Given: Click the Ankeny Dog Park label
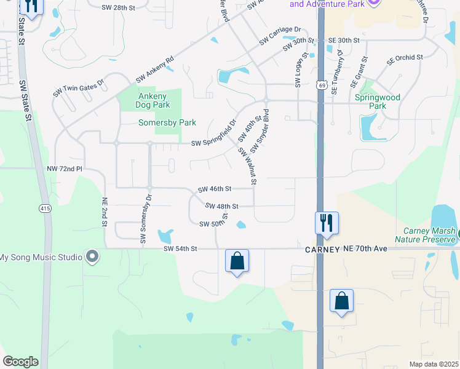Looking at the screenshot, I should pos(153,100).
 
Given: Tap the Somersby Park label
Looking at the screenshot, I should pos(167,122).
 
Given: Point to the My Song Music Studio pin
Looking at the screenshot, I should pos(93,256).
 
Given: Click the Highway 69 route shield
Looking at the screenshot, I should pos(322,87).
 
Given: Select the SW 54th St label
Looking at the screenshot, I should pos(180,249).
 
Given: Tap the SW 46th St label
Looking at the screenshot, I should pos(215,189).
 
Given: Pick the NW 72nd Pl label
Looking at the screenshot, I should pos(64,168).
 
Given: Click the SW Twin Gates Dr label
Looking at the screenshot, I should pos(79,87).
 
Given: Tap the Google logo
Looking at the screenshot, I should pos(20,362).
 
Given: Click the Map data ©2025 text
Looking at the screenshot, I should pos(434,364).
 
